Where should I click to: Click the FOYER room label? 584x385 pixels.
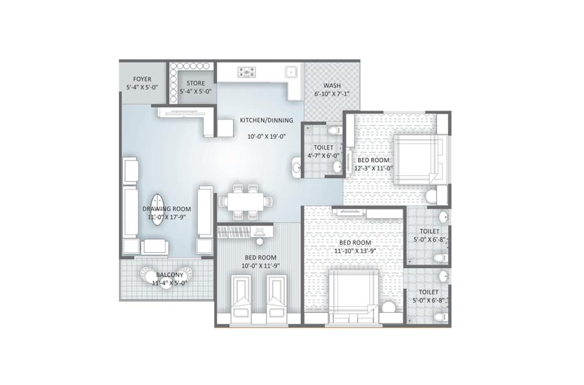coord(142,79)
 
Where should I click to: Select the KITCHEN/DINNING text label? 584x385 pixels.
coord(266,120)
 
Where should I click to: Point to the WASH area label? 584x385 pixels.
coord(332,86)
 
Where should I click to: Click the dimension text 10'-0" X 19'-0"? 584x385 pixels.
coord(266,136)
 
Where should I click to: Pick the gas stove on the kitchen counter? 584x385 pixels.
coord(246,71)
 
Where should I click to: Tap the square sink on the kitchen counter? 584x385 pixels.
coord(291,70)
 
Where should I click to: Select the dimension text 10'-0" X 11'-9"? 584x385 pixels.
coord(260,265)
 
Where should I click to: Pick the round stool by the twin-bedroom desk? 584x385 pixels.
coord(260,241)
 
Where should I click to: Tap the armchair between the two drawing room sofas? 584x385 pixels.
coord(155,246)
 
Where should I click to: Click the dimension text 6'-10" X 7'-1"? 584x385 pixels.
coord(332,95)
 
